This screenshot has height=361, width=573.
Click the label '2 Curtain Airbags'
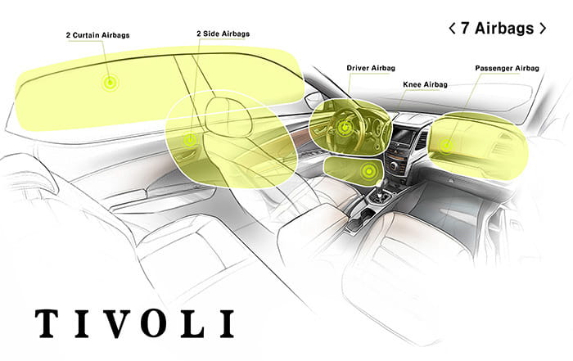pyautogui.click(x=98, y=35)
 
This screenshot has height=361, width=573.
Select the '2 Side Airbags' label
pyautogui.click(x=223, y=34)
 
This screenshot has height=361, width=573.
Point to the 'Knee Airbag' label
pyautogui.click(x=425, y=84)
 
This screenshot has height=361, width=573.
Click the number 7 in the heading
pyautogui.click(x=464, y=28)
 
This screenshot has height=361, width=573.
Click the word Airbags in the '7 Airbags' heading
pyautogui.click(x=503, y=28)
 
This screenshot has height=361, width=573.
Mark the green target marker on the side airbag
pyautogui.click(x=190, y=139)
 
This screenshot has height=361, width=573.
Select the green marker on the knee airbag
pyautogui.click(x=370, y=170)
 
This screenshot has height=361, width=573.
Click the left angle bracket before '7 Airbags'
pyautogui.click(x=452, y=28)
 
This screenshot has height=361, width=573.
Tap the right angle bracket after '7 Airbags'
pyautogui.click(x=542, y=28)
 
